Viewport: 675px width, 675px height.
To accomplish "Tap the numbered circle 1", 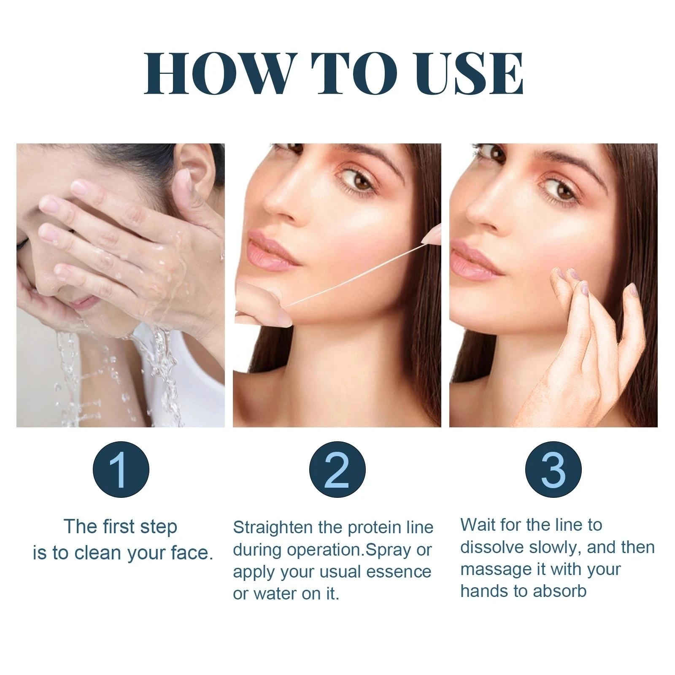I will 121,470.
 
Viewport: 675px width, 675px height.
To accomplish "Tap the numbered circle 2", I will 337,470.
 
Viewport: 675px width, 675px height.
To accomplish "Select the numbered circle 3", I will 553,470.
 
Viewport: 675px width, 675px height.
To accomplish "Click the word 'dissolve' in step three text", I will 491,547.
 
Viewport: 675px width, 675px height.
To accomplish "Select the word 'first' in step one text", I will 121,526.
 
